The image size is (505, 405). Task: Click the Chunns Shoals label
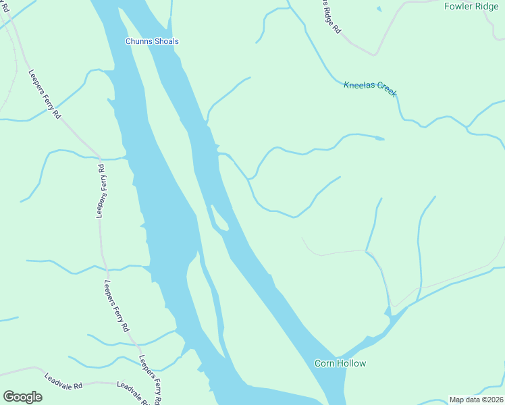(x=152, y=41)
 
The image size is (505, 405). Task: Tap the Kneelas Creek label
(x=370, y=89)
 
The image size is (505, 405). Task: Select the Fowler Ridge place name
(x=471, y=6)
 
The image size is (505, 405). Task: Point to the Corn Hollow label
(x=340, y=363)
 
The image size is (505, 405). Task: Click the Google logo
(x=22, y=397)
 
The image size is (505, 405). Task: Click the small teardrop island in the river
(x=219, y=217)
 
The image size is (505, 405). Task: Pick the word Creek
(x=383, y=90)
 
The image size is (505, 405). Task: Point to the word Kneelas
(x=358, y=86)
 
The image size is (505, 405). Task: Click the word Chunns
(x=138, y=41)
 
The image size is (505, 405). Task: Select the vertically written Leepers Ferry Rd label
(x=100, y=190)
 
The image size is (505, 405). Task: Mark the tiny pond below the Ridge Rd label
(x=379, y=9)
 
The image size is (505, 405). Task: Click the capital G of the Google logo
(x=9, y=397)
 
